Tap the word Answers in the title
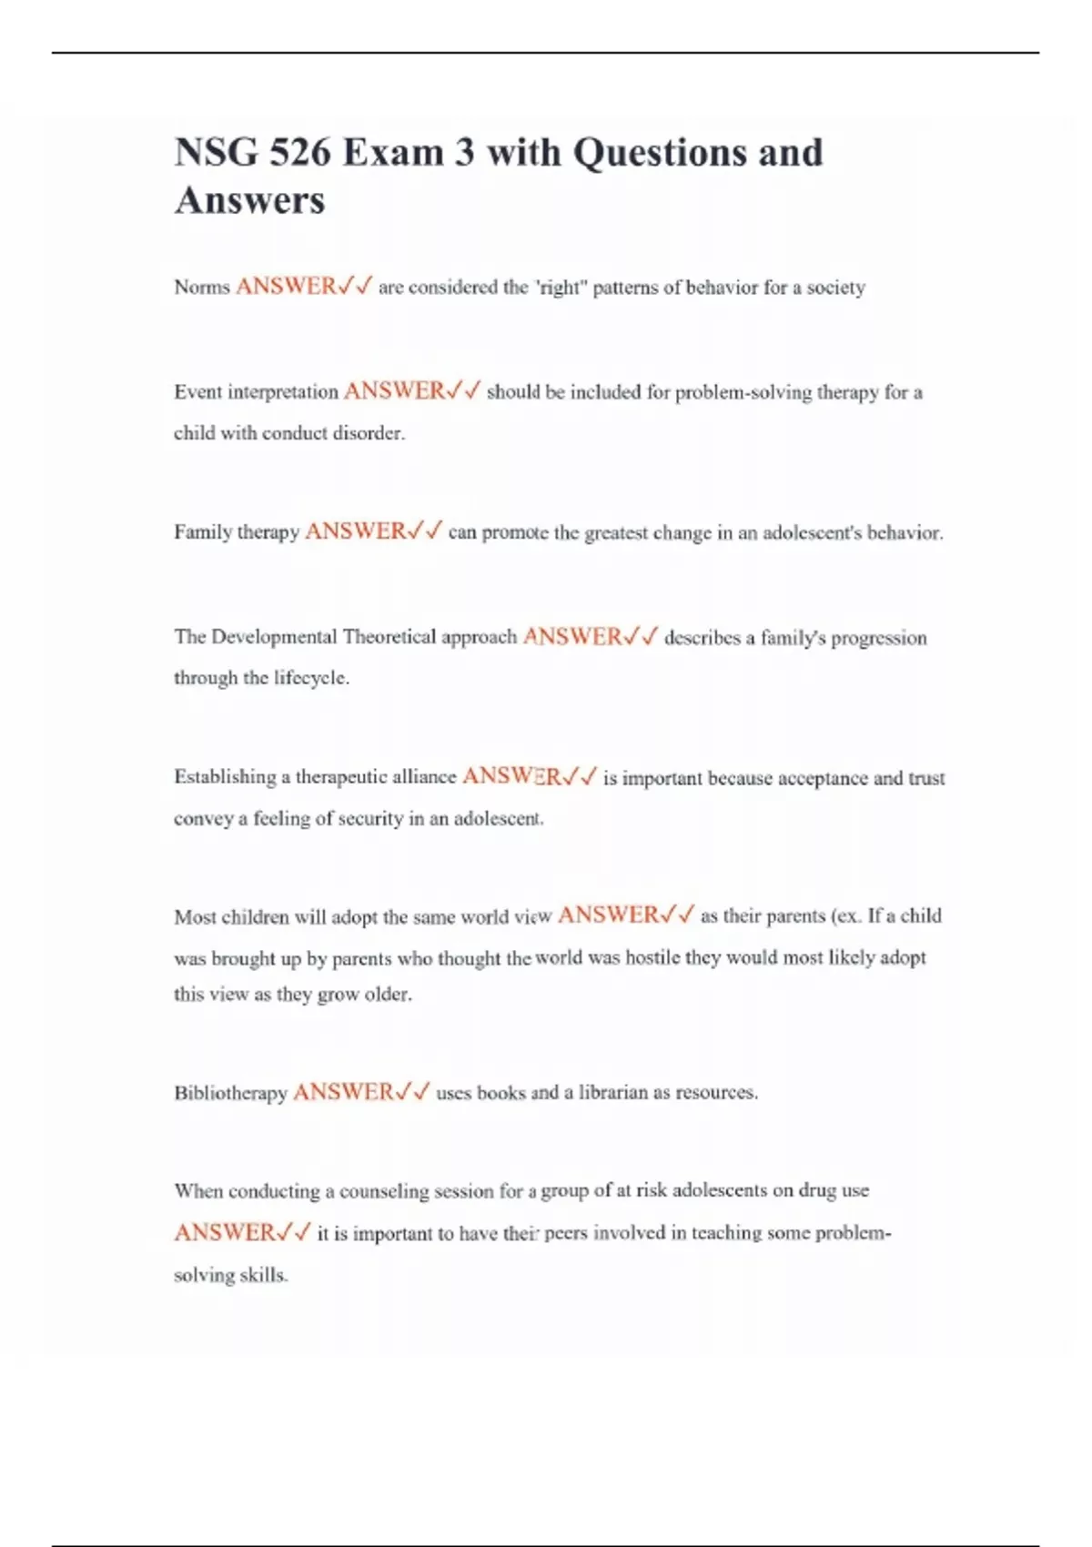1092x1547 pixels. (249, 201)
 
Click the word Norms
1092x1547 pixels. (202, 288)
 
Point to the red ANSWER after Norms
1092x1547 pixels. (286, 287)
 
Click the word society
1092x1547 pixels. (835, 288)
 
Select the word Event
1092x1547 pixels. (197, 392)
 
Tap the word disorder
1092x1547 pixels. (368, 433)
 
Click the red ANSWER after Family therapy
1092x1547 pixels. (356, 531)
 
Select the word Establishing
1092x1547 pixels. (225, 777)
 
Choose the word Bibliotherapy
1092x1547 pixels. (230, 1093)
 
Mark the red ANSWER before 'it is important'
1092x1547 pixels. (224, 1233)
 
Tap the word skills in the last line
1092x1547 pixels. (264, 1275)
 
